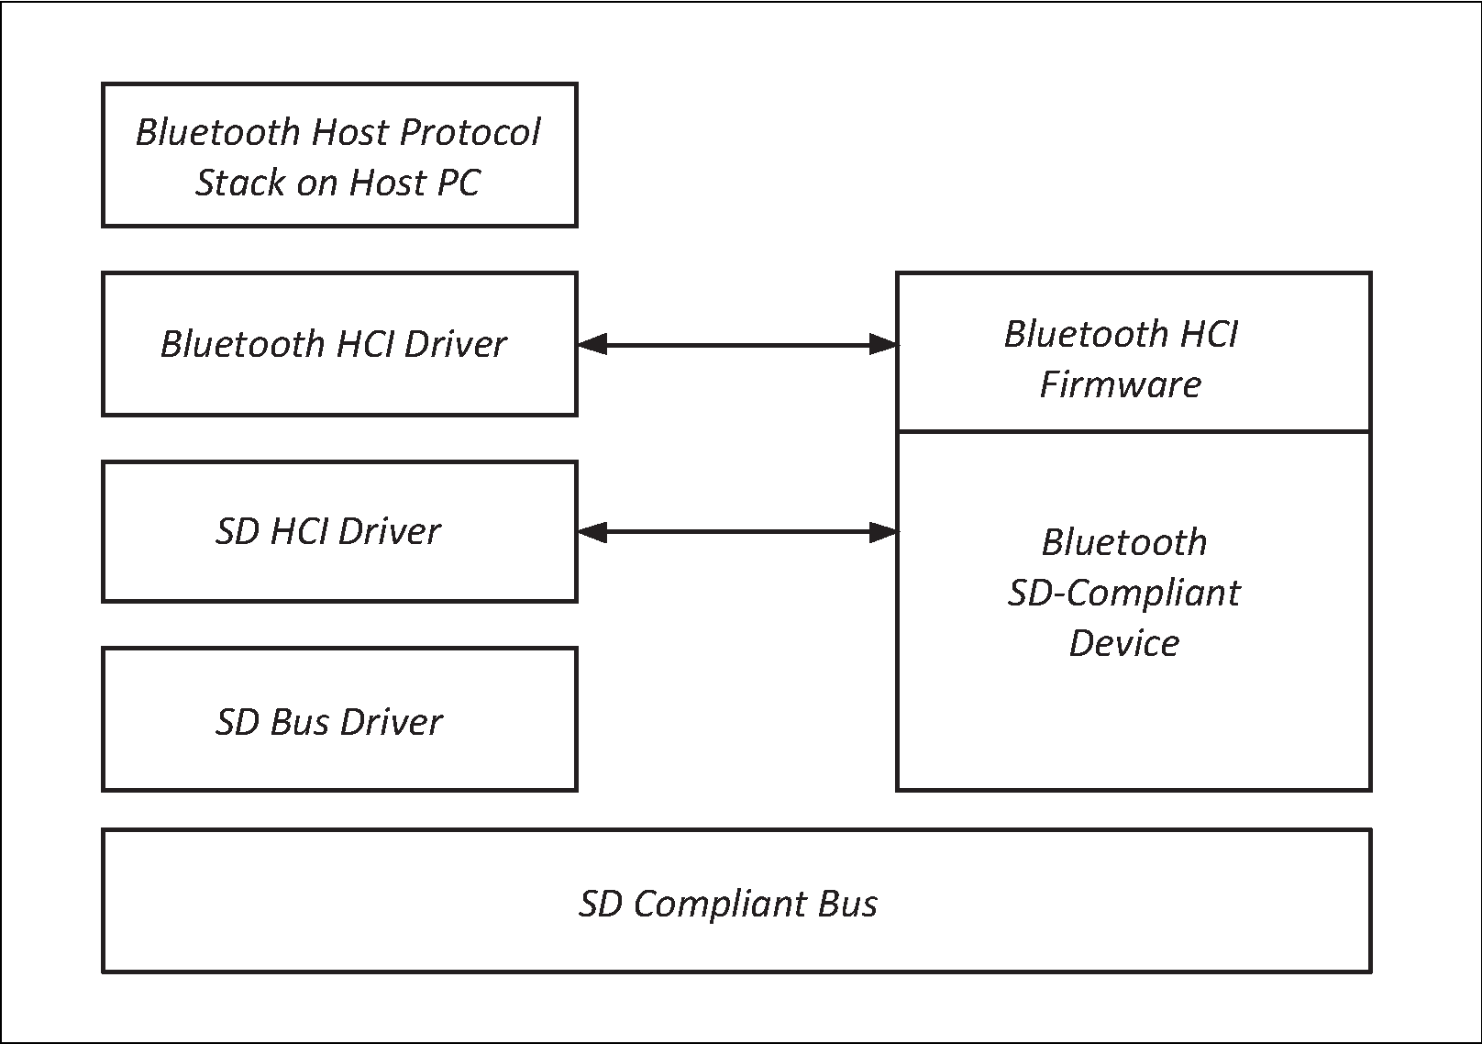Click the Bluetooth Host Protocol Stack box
(x=339, y=155)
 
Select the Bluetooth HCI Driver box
(x=339, y=344)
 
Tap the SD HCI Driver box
(x=339, y=532)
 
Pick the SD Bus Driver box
(x=339, y=720)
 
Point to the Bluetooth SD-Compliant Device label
(x=1124, y=593)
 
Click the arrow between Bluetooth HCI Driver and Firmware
(x=736, y=345)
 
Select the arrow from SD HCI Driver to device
(x=736, y=531)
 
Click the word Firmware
(x=1120, y=383)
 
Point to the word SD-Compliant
(x=1123, y=593)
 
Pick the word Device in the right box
(x=1124, y=642)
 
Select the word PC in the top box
(x=458, y=183)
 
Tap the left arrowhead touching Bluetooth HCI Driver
(x=592, y=345)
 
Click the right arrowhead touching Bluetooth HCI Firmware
(x=882, y=345)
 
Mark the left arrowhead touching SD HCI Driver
(x=592, y=531)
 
